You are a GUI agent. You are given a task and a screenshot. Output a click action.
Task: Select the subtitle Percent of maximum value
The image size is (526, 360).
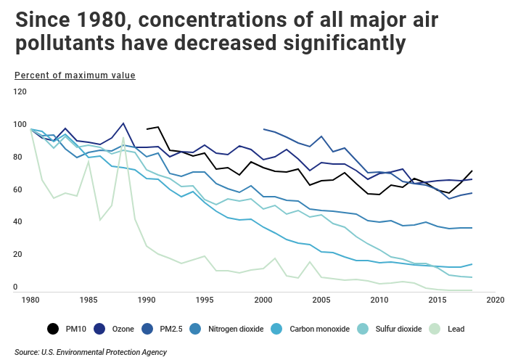tap(75, 75)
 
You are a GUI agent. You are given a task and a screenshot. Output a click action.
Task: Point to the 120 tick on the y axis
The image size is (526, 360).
tap(20, 92)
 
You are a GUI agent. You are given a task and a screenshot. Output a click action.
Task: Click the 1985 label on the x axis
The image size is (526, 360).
tap(89, 299)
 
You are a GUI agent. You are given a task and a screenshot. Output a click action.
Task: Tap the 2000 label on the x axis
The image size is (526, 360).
tap(263, 299)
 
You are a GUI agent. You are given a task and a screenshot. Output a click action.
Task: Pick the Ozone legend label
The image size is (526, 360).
tap(123, 329)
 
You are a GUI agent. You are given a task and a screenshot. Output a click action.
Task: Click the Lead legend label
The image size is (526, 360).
tap(456, 329)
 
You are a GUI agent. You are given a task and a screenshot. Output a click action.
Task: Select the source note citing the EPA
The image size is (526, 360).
tap(91, 352)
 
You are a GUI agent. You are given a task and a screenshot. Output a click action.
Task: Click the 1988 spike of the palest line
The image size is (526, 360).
tap(123, 137)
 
